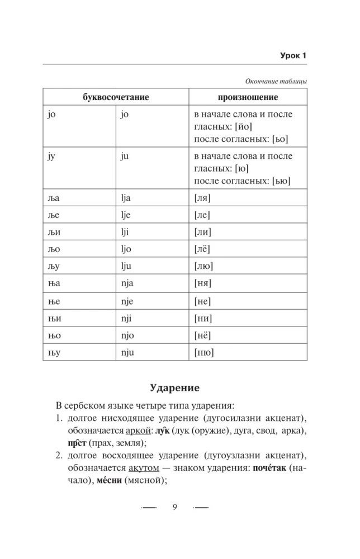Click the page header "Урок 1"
(293, 55)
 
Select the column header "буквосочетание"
(116, 97)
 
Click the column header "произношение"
(248, 97)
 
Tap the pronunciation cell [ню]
(205, 352)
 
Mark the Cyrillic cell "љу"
(55, 266)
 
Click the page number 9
(175, 506)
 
